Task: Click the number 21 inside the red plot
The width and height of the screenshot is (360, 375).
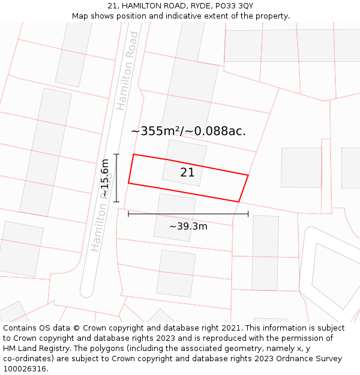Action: click(x=187, y=173)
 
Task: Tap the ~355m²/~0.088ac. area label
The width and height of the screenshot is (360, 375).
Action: click(x=188, y=131)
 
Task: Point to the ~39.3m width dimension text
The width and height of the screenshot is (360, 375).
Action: click(x=188, y=226)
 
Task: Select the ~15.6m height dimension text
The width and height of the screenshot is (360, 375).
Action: click(x=105, y=178)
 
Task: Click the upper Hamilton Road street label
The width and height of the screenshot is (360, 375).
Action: click(x=127, y=71)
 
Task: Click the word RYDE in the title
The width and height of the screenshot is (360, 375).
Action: click(x=194, y=6)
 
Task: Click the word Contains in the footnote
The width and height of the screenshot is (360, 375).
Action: click(x=22, y=328)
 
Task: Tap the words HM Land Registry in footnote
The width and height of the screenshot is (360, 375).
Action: click(x=37, y=349)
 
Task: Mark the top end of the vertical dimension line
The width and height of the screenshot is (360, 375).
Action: click(x=116, y=154)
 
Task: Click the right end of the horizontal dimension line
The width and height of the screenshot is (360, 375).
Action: click(x=248, y=214)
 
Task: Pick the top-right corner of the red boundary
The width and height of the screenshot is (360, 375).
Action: click(x=248, y=175)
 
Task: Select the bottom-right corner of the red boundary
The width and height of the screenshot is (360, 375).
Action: click(x=239, y=202)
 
